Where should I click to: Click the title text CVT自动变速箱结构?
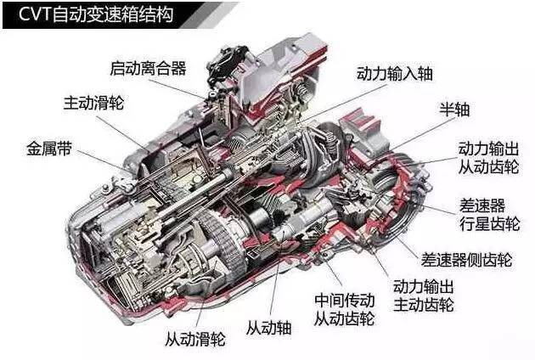pos(96,15)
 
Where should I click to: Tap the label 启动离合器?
pos(148,68)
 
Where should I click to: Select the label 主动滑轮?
pos(93,103)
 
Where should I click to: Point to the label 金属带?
pos(49,149)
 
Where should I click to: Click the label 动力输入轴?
pos(395,74)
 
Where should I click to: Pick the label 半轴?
pos(454,110)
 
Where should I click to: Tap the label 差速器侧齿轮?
pos(466,260)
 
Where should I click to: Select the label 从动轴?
pos(269,329)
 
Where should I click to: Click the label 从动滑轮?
pos(195,339)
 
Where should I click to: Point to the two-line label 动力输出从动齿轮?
pos(488,158)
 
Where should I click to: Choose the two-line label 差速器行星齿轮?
pos(489,215)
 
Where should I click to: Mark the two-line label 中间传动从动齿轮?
pos(344,310)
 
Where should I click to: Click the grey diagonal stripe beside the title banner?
pos(209,15)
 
